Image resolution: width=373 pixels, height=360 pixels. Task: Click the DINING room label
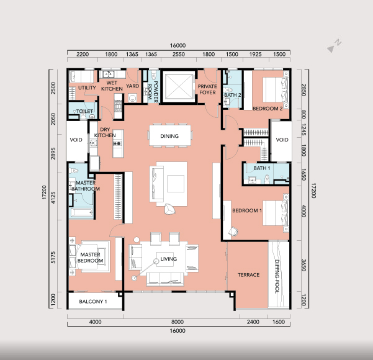[x=169, y=136]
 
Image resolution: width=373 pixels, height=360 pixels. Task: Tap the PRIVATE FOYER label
[x=207, y=89]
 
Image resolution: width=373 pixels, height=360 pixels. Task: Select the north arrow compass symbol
[x=334, y=46]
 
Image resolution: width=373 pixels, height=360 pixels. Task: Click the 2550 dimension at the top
[x=179, y=54]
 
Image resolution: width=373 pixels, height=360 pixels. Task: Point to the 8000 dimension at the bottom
[x=178, y=322]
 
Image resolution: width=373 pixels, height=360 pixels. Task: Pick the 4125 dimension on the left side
[x=53, y=198]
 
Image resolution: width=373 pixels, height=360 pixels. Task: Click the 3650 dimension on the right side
[x=303, y=265]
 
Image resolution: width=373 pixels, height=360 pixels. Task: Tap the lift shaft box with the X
[x=179, y=86]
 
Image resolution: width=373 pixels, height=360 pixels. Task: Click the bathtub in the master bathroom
[x=81, y=212]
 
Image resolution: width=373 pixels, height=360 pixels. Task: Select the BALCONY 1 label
[x=93, y=302]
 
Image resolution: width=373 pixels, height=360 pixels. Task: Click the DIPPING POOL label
[x=277, y=276]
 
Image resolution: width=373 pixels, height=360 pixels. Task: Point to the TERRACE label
[x=249, y=275]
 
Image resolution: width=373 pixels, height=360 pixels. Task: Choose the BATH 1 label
[x=262, y=168]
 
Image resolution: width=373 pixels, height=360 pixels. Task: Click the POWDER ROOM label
[x=153, y=92]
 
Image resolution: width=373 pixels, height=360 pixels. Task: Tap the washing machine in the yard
[x=132, y=98]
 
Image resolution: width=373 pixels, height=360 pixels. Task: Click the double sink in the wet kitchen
[x=109, y=74]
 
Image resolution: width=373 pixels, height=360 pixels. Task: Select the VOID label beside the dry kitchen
[x=76, y=140]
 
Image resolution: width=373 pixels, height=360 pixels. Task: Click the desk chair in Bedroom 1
[x=233, y=231]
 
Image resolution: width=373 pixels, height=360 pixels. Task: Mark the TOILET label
[x=84, y=111]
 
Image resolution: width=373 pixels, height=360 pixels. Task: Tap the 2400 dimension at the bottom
[x=253, y=322]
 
